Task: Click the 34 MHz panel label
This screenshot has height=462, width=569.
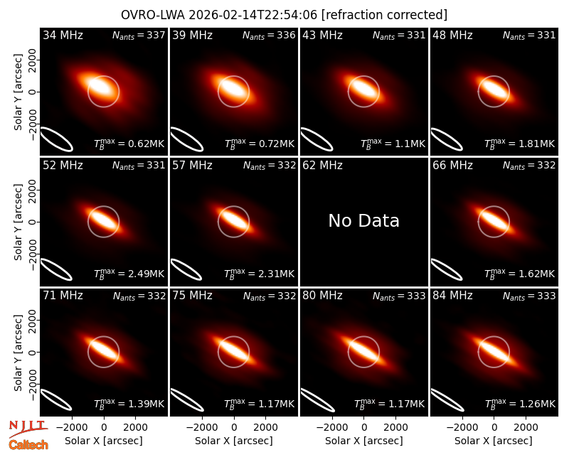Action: [63, 35]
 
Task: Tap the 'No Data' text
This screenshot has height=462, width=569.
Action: [363, 220]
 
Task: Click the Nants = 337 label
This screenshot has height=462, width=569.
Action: [139, 35]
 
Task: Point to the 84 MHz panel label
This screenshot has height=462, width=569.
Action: [452, 296]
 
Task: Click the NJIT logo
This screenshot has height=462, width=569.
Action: [28, 429]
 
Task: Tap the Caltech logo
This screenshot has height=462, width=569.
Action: [28, 445]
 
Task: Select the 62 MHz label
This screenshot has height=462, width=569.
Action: [322, 166]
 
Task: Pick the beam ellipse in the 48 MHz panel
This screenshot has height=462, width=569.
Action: [447, 139]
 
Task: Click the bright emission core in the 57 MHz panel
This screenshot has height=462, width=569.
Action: [234, 220]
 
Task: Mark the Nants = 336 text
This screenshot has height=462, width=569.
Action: [269, 35]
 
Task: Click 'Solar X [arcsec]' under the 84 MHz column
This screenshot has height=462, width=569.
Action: [494, 441]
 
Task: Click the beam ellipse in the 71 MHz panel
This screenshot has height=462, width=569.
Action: [56, 400]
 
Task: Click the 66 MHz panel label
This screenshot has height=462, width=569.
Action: [452, 166]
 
